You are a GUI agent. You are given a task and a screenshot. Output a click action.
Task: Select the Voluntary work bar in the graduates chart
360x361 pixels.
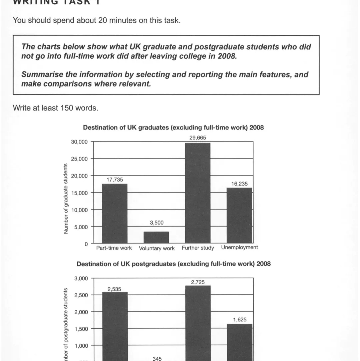point(156,237)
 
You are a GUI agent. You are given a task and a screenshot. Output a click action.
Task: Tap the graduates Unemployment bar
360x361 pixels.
point(239,216)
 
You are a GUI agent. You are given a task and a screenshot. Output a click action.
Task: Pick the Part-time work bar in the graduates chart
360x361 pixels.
point(114,214)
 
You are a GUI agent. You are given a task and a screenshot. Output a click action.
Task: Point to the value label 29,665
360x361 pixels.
point(198,137)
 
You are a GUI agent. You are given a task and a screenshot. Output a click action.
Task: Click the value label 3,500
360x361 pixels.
point(157,223)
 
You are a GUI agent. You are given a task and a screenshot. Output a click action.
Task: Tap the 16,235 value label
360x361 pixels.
point(239,184)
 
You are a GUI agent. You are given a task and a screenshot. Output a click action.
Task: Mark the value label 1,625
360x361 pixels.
point(240,320)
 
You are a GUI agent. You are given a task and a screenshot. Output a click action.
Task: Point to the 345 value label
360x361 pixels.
point(157,359)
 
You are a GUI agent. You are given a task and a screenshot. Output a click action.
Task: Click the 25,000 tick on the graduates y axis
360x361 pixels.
point(79,159)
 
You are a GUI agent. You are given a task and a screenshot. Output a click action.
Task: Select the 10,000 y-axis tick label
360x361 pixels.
point(79,210)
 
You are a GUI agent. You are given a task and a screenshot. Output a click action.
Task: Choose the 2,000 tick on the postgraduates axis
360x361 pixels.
point(81,312)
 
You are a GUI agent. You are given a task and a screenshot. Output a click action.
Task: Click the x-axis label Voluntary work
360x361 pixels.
point(157,248)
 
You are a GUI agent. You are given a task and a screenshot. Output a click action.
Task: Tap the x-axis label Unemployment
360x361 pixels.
point(239,248)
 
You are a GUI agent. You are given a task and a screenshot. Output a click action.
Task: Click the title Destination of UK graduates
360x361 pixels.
point(173,127)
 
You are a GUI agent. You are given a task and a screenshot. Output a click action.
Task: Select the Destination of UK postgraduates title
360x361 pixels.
point(173,264)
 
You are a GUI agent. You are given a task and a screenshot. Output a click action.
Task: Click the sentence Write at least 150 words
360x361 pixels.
point(55,108)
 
